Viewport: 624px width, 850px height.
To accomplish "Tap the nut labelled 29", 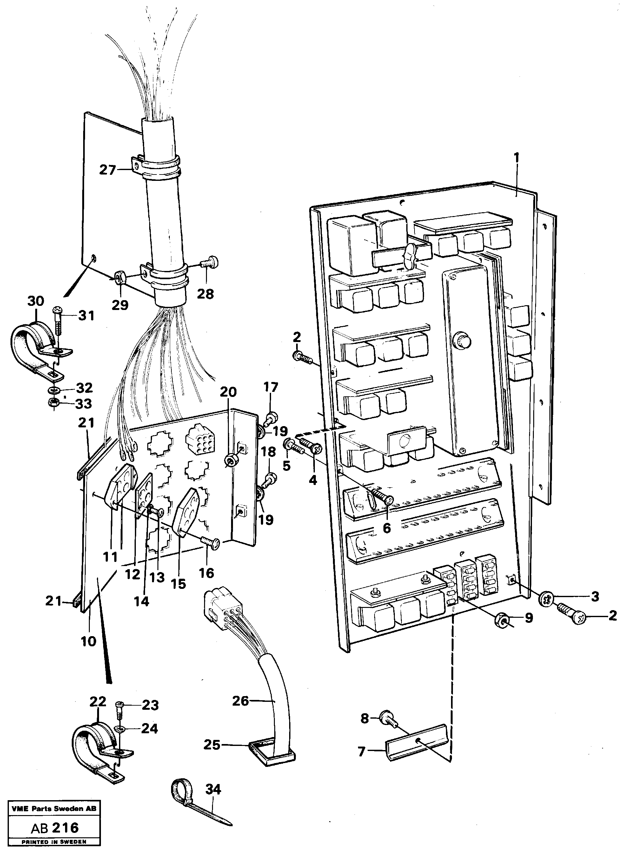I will coord(120,278).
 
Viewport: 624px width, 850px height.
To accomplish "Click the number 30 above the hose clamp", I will coord(36,301).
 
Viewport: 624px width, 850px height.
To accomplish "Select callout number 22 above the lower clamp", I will coord(98,702).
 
